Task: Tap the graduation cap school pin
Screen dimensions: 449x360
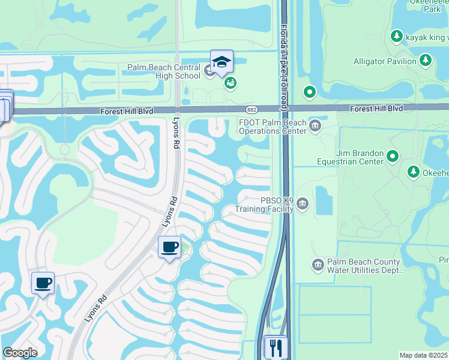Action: [221, 62]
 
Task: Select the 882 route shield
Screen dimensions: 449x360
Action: [252, 109]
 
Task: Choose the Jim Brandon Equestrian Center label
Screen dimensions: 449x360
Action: [351, 158]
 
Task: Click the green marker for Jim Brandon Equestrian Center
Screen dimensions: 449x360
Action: [393, 157]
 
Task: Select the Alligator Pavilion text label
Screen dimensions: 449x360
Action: [385, 61]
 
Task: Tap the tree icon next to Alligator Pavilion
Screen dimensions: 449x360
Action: [425, 60]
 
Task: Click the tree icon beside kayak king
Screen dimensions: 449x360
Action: [396, 37]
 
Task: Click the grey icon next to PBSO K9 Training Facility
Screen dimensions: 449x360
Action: [303, 205]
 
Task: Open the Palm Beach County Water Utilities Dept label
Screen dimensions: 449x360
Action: [364, 266]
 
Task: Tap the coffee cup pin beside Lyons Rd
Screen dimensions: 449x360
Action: [169, 246]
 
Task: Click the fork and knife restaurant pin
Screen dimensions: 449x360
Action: [276, 346]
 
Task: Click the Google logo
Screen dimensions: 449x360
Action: [20, 353]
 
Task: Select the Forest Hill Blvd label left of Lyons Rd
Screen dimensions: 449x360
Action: [127, 112]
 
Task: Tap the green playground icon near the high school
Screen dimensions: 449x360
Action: [231, 83]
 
